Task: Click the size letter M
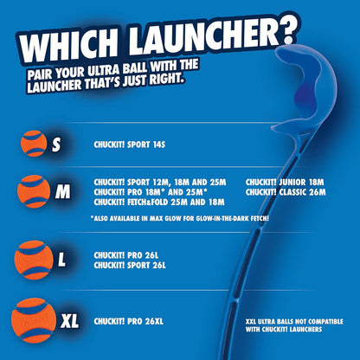coord(62,191)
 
